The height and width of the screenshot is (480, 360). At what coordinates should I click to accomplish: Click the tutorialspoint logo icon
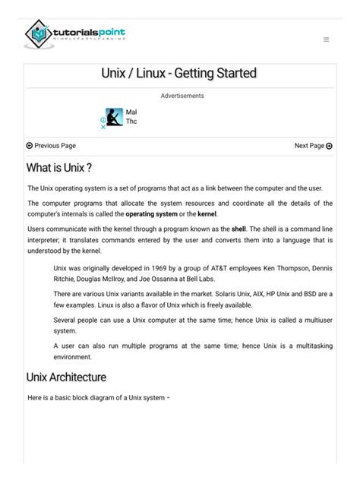pyautogui.click(x=38, y=34)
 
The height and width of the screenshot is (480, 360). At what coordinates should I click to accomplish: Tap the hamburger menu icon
pyautogui.click(x=326, y=39)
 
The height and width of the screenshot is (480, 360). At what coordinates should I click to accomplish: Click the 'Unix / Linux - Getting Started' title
pyautogui.click(x=179, y=74)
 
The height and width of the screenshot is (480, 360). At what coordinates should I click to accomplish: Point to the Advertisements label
pyautogui.click(x=182, y=96)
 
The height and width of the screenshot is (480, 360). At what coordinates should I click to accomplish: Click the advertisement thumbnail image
pyautogui.click(x=114, y=117)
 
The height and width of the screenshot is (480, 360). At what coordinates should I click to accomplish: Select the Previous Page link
pyautogui.click(x=51, y=146)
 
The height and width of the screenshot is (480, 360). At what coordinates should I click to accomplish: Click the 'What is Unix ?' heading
pyautogui.click(x=59, y=167)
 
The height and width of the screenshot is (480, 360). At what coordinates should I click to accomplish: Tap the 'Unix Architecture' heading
pyautogui.click(x=66, y=377)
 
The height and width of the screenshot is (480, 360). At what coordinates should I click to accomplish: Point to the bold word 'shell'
pyautogui.click(x=240, y=228)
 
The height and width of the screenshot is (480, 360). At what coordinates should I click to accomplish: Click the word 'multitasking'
pyautogui.click(x=311, y=345)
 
